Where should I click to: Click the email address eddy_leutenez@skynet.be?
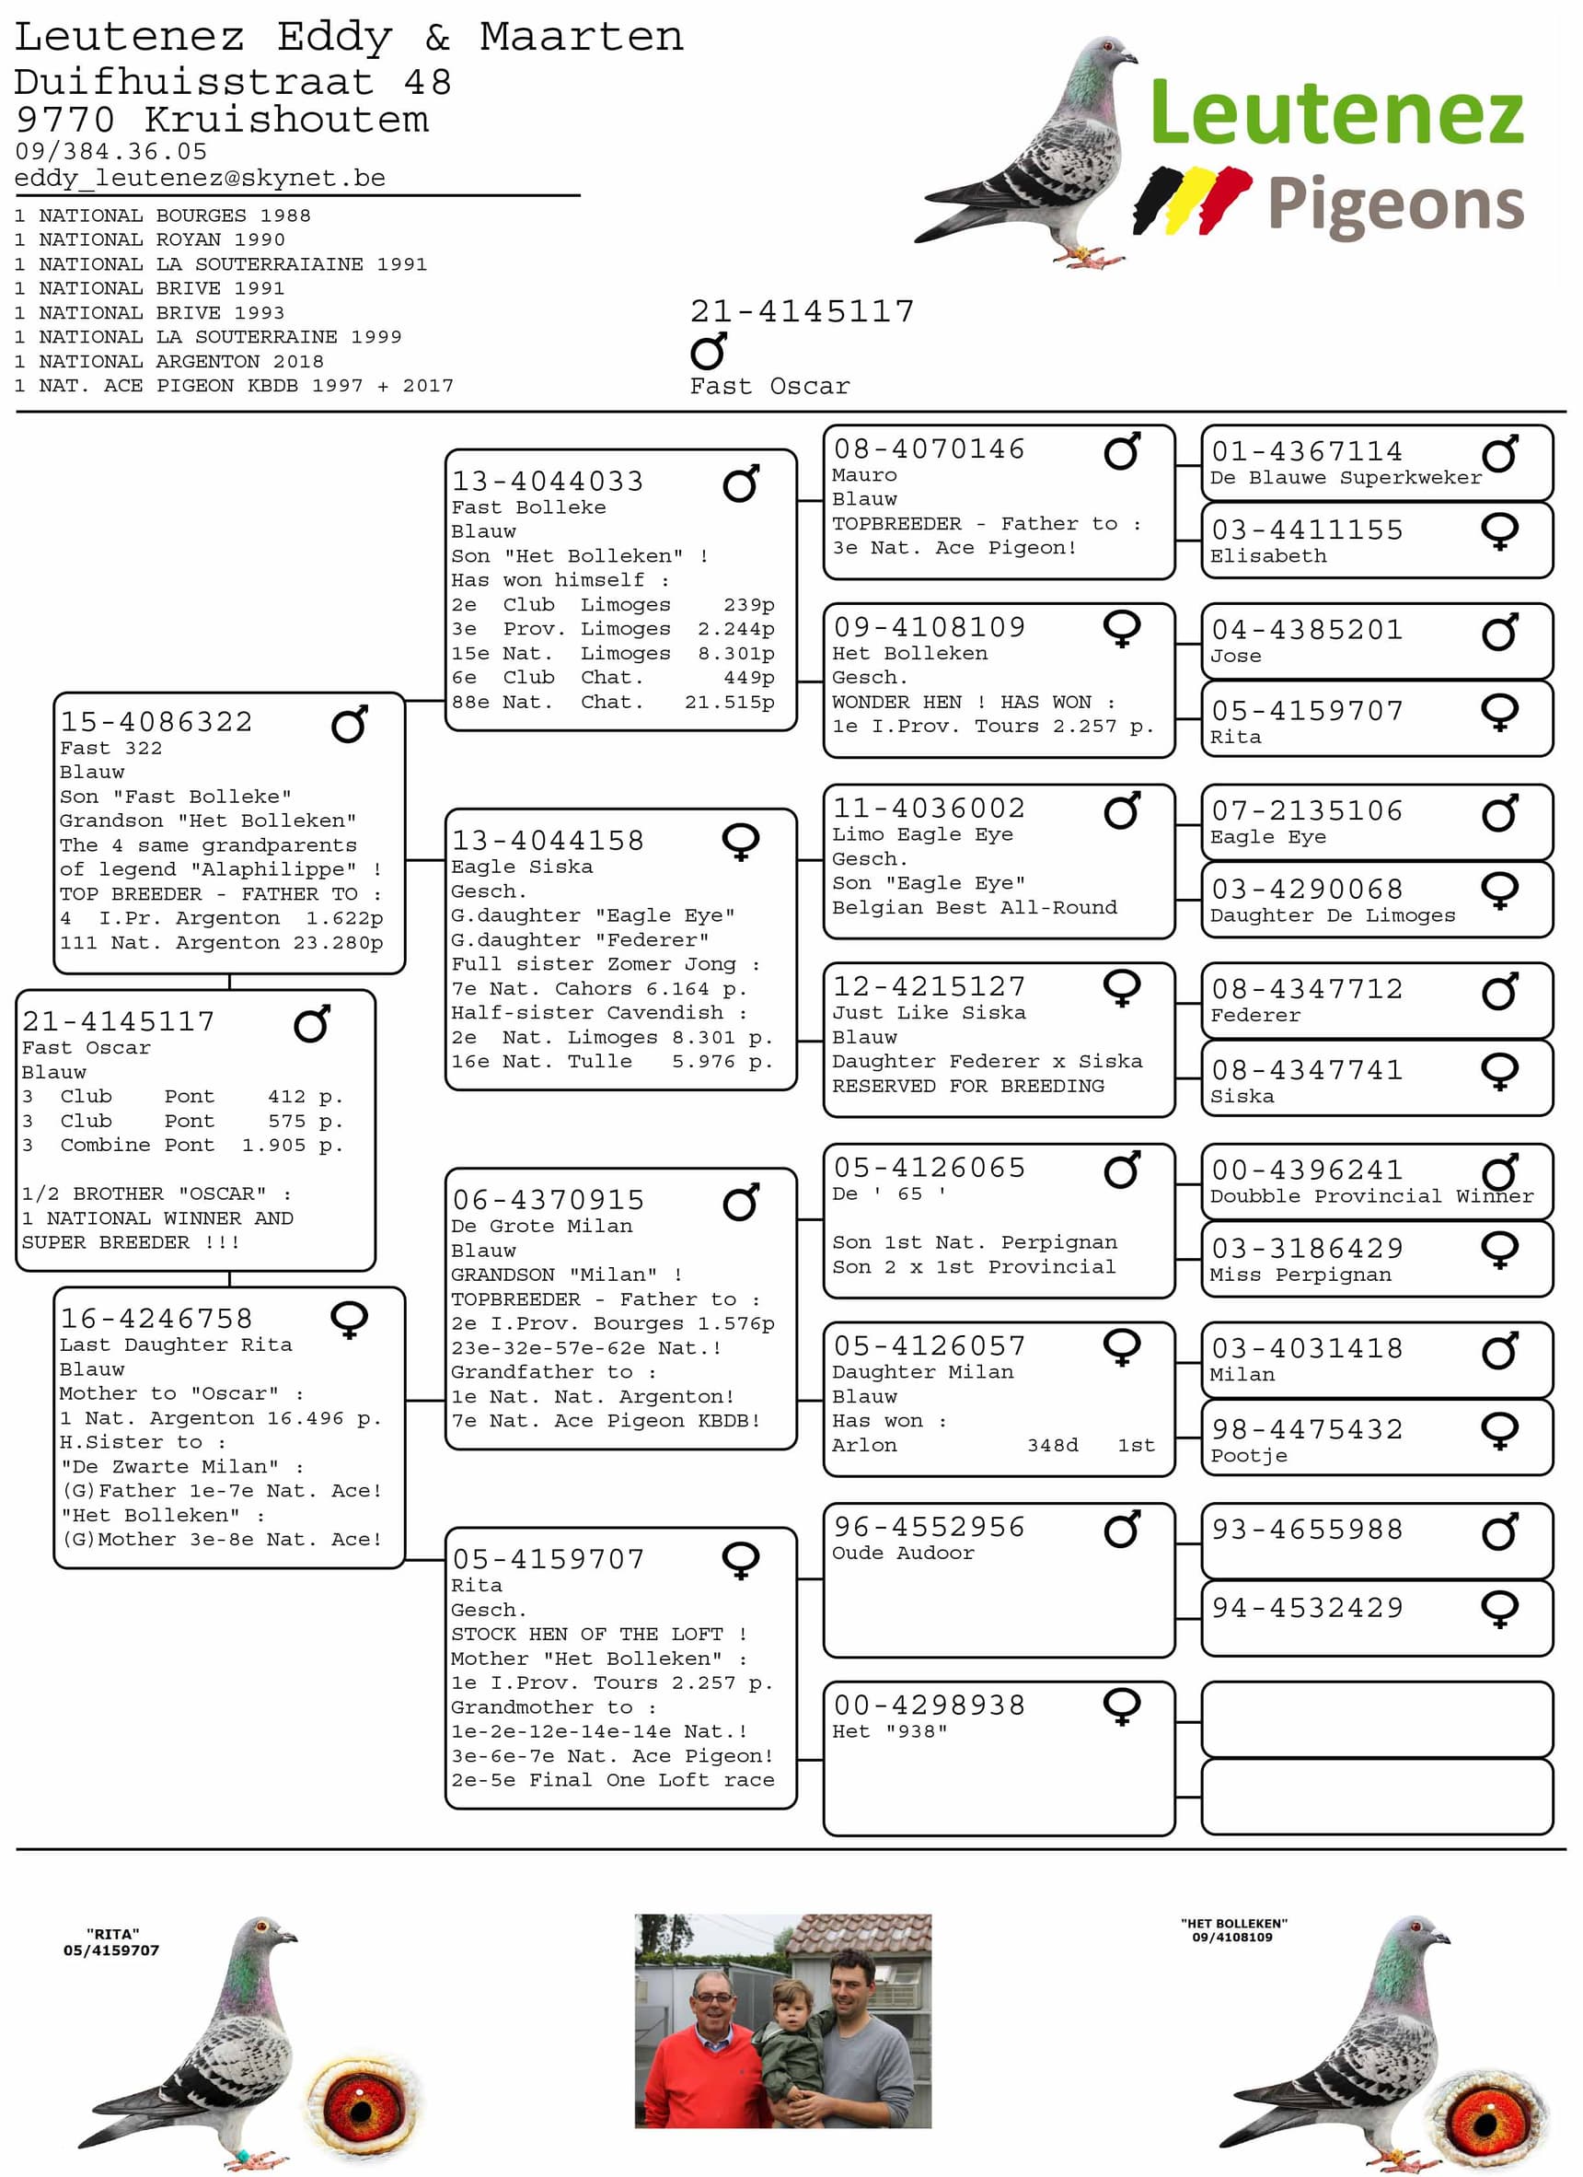200,179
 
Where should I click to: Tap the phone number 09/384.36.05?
110,152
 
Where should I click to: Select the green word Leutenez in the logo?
1336,113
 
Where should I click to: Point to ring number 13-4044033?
548,481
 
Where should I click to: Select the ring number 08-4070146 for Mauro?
929,449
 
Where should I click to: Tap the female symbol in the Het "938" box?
1121,1706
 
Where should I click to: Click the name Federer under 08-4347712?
1254,1016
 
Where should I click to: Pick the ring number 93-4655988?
1307,1529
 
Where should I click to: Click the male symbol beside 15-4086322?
349,725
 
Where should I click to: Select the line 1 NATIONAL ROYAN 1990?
150,240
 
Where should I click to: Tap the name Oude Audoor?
903,1553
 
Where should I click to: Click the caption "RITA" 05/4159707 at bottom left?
111,1942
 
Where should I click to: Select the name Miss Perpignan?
1300,1275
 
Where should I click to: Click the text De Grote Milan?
542,1226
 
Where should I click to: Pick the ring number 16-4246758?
156,1319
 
